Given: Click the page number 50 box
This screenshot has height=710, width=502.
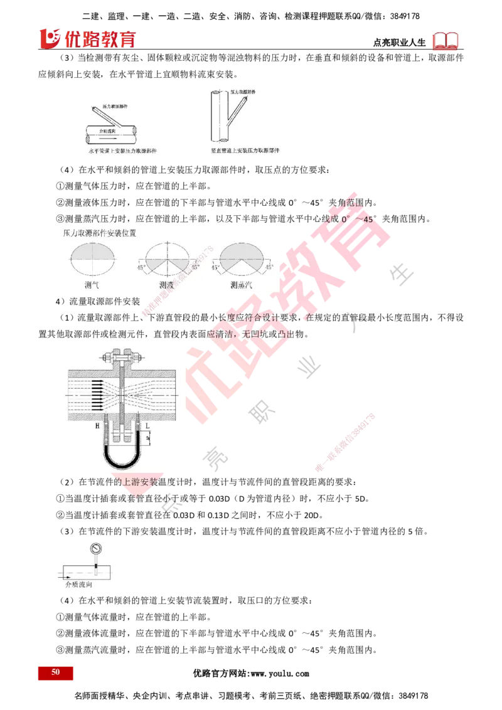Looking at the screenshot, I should pos(55,672).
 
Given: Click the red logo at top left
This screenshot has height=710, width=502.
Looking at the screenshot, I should pos(87,38).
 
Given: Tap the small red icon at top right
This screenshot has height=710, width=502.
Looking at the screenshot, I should pos(446,41).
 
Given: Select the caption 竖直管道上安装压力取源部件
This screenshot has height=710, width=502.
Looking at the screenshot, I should pos(245,152).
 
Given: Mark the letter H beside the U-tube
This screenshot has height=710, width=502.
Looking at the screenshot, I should pos(97,426).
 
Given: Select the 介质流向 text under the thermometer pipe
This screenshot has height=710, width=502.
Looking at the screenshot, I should pos(79,584).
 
